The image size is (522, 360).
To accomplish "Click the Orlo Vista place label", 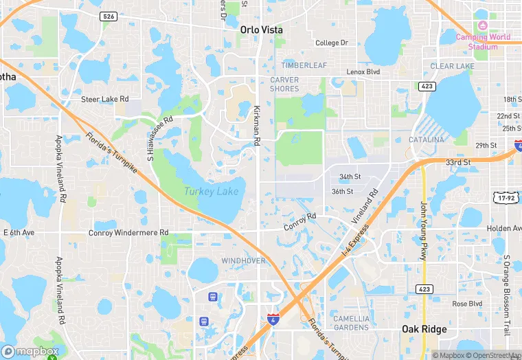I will [261, 30].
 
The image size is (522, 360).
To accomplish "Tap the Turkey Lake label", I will [211, 191].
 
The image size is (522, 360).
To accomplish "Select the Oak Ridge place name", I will [424, 330].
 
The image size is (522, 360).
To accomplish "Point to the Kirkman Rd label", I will [258, 126].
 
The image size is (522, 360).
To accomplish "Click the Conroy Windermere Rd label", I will [128, 233].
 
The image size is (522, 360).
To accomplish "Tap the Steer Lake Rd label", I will [105, 99].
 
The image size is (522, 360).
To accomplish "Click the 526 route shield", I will [108, 16].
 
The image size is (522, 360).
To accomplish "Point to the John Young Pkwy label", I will [423, 231].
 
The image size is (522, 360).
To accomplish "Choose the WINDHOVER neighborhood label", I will [243, 261].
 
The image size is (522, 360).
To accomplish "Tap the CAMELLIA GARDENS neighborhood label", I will [351, 323].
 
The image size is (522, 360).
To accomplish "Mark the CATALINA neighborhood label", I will [426, 139].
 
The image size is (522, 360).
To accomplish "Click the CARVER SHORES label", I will [284, 84].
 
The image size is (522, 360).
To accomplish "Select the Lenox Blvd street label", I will [363, 71].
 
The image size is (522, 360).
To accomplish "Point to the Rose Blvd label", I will [467, 304].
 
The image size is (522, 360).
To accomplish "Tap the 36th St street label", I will [342, 192].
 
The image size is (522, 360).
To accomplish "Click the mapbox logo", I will [30, 351].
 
